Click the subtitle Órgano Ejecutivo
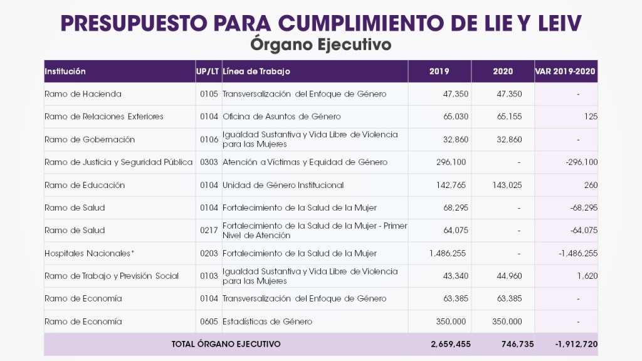click(320, 45)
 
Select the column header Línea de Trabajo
click(256, 71)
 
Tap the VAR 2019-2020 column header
click(566, 71)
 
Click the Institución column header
click(65, 71)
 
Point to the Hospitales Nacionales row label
click(90, 253)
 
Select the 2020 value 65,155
click(509, 117)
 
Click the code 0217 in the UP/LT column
click(209, 231)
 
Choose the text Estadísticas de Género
click(267, 322)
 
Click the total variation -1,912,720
click(576, 344)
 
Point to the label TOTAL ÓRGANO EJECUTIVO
click(226, 344)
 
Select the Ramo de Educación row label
click(85, 185)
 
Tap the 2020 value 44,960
click(509, 276)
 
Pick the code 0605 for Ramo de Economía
click(209, 322)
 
